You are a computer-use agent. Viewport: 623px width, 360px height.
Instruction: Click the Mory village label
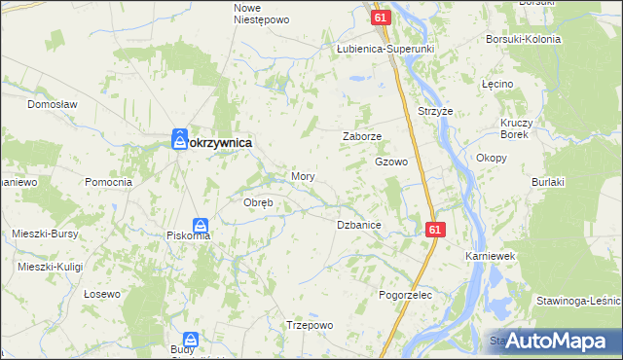[302, 176]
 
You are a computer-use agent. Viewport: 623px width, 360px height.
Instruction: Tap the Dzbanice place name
[358, 225]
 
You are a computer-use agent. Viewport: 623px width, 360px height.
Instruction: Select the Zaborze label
[361, 137]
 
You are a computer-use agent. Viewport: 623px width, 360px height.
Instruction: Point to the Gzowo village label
[390, 162]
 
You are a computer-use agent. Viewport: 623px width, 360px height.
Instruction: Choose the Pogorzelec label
[404, 293]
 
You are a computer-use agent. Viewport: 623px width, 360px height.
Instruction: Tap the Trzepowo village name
[310, 325]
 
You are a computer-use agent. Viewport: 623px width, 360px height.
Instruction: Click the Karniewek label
[489, 256]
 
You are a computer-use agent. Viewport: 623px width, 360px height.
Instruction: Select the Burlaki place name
[549, 182]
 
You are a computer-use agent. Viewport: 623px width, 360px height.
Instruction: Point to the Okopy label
[491, 157]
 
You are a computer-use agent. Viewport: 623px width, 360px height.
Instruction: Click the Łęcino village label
[496, 85]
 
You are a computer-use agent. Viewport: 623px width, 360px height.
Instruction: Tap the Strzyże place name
[434, 111]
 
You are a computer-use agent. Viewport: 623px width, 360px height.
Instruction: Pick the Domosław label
[52, 103]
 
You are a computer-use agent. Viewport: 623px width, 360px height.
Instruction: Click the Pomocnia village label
[108, 182]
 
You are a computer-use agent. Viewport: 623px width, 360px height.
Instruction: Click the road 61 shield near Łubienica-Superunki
[381, 18]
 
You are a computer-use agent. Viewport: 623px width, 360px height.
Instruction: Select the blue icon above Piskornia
[199, 224]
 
